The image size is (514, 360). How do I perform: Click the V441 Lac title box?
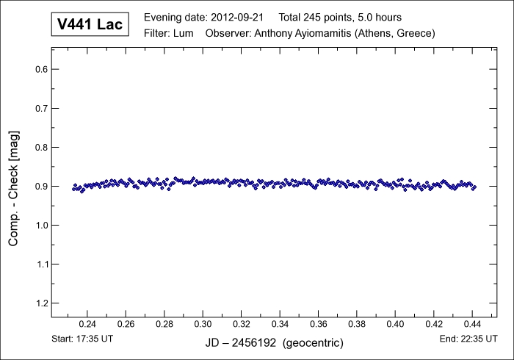(x=90, y=25)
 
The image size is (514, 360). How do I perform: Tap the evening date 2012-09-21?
(x=237, y=17)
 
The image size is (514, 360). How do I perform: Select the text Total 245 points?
(x=316, y=17)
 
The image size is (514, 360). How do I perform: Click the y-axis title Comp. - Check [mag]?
(x=14, y=187)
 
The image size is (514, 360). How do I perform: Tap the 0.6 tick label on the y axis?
(x=38, y=70)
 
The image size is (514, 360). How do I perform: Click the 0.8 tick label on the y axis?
(x=38, y=147)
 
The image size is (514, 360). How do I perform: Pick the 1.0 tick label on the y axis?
(x=38, y=225)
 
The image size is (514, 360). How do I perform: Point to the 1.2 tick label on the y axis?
(x=38, y=303)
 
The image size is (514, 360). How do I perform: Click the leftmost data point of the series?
(x=74, y=189)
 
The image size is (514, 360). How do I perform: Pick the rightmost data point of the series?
(x=474, y=187)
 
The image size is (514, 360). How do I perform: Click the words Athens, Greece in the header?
(x=398, y=33)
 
